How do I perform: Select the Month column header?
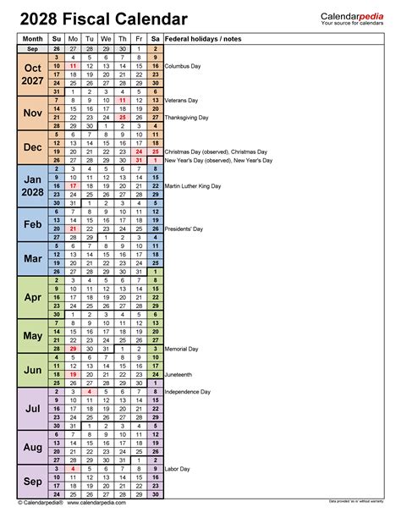33,39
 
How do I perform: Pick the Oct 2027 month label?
33,74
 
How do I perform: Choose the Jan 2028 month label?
33,187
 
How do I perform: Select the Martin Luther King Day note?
194,185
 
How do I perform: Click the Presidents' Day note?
184,229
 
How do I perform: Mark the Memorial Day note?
182,348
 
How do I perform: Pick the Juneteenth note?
180,374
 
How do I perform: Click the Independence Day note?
188,391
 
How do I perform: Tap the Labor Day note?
178,468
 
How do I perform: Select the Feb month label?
33,224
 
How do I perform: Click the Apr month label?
33,298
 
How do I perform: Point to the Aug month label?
33,447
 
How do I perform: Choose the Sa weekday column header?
156,39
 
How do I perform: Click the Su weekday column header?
56,39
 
